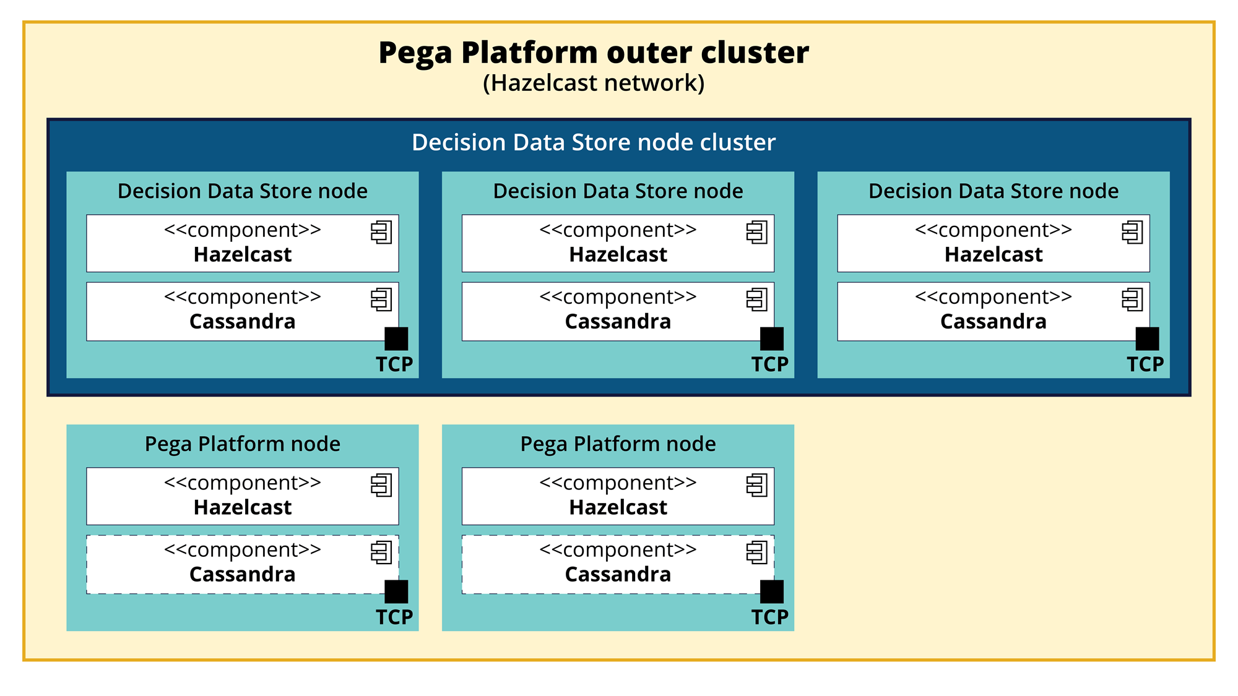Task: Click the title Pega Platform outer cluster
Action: (594, 53)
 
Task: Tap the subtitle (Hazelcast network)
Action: (594, 83)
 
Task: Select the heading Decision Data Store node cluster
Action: (594, 142)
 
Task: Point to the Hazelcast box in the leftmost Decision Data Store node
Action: (243, 243)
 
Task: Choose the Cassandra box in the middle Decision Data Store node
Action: (618, 311)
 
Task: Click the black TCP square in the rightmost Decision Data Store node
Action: (1147, 339)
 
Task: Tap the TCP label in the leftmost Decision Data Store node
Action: (394, 364)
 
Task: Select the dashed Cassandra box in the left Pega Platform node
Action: (243, 564)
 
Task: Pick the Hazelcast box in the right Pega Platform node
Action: (618, 496)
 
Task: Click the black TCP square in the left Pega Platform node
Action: (396, 592)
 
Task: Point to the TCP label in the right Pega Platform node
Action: (770, 617)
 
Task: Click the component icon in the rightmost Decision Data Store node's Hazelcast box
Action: (1132, 232)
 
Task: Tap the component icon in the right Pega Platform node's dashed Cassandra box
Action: (756, 552)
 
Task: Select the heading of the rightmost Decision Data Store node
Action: (993, 191)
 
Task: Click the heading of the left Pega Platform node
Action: (243, 444)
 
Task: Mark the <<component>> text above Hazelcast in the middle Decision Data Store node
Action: (618, 230)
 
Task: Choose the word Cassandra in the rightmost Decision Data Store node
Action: (993, 322)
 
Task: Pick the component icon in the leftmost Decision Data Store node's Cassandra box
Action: (381, 299)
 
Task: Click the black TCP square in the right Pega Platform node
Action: (772, 592)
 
